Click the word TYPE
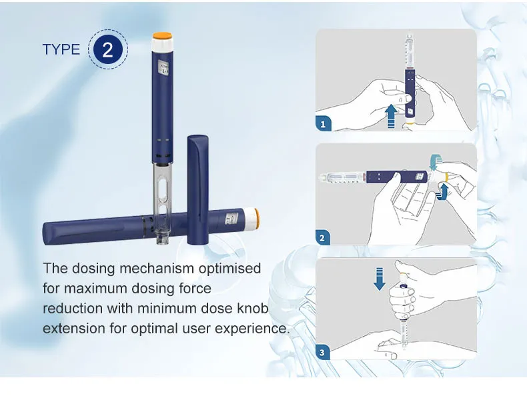coord(61,50)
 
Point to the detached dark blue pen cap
coord(197,180)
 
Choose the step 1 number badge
coord(323,123)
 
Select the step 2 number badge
coord(323,237)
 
